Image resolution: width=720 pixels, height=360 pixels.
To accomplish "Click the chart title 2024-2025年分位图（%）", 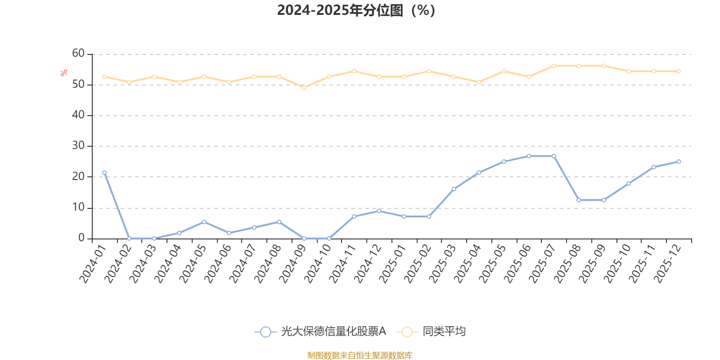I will (356, 10).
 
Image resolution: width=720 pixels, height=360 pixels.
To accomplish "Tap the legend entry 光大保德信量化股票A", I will (320, 332).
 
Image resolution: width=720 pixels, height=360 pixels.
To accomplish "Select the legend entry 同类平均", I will (431, 332).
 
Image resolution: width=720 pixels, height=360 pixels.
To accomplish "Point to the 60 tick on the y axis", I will (78, 54).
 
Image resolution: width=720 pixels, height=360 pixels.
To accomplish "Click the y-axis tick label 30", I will (78, 146).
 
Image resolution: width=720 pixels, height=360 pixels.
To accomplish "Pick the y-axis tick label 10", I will (78, 207).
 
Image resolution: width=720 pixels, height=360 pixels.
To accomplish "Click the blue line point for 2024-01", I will (104, 173).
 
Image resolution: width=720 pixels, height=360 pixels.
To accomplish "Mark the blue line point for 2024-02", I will (129, 238).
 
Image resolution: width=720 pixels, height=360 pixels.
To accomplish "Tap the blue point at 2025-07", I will (554, 156).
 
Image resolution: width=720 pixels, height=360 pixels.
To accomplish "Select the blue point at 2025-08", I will (579, 200).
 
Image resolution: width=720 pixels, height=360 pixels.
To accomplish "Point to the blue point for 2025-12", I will (679, 162).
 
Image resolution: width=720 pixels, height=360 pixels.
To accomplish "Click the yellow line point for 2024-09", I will (304, 87).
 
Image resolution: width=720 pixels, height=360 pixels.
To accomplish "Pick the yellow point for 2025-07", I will (554, 66).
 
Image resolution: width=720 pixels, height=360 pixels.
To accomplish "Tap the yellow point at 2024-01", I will (104, 76).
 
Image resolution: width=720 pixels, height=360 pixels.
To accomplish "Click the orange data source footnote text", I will (360, 355).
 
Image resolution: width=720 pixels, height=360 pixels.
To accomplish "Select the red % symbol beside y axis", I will (64, 73).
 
